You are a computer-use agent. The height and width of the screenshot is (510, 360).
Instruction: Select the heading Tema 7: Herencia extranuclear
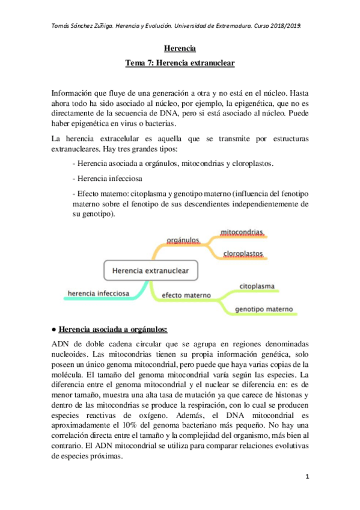(x=180, y=62)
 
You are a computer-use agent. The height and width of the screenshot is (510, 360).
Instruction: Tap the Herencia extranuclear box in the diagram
(x=150, y=271)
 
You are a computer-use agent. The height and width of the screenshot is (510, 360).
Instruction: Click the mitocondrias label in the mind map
(x=242, y=232)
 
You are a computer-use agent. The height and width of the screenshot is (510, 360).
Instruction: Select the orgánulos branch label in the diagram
(x=183, y=240)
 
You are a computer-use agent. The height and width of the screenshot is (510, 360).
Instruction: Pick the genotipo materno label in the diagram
(x=264, y=309)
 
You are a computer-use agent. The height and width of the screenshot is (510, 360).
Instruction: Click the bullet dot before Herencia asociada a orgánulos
(x=54, y=330)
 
